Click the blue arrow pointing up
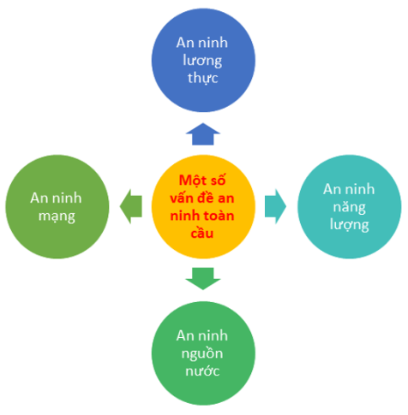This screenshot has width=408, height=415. point(203,134)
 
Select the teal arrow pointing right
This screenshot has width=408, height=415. point(275,206)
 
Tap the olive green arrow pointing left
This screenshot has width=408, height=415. point(131,206)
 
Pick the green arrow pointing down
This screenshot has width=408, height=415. point(203,278)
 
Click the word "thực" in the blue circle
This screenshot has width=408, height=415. point(203,78)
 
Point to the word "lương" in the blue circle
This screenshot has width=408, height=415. point(202,61)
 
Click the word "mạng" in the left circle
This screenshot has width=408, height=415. point(57,216)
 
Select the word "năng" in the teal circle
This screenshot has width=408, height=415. point(350,207)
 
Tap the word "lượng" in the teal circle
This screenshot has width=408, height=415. point(349,225)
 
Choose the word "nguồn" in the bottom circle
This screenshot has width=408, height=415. point(202,354)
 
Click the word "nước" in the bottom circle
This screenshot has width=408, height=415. point(202,371)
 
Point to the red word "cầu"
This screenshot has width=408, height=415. point(202,233)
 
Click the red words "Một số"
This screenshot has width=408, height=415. point(202,181)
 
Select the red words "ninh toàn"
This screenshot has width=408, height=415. point(202,216)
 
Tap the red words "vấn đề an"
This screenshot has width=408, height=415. point(202,198)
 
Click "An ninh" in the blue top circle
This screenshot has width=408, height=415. point(202,43)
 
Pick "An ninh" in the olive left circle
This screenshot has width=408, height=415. point(56,199)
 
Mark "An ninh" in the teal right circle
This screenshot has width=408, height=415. point(349,189)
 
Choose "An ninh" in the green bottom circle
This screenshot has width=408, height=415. point(202,335)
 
